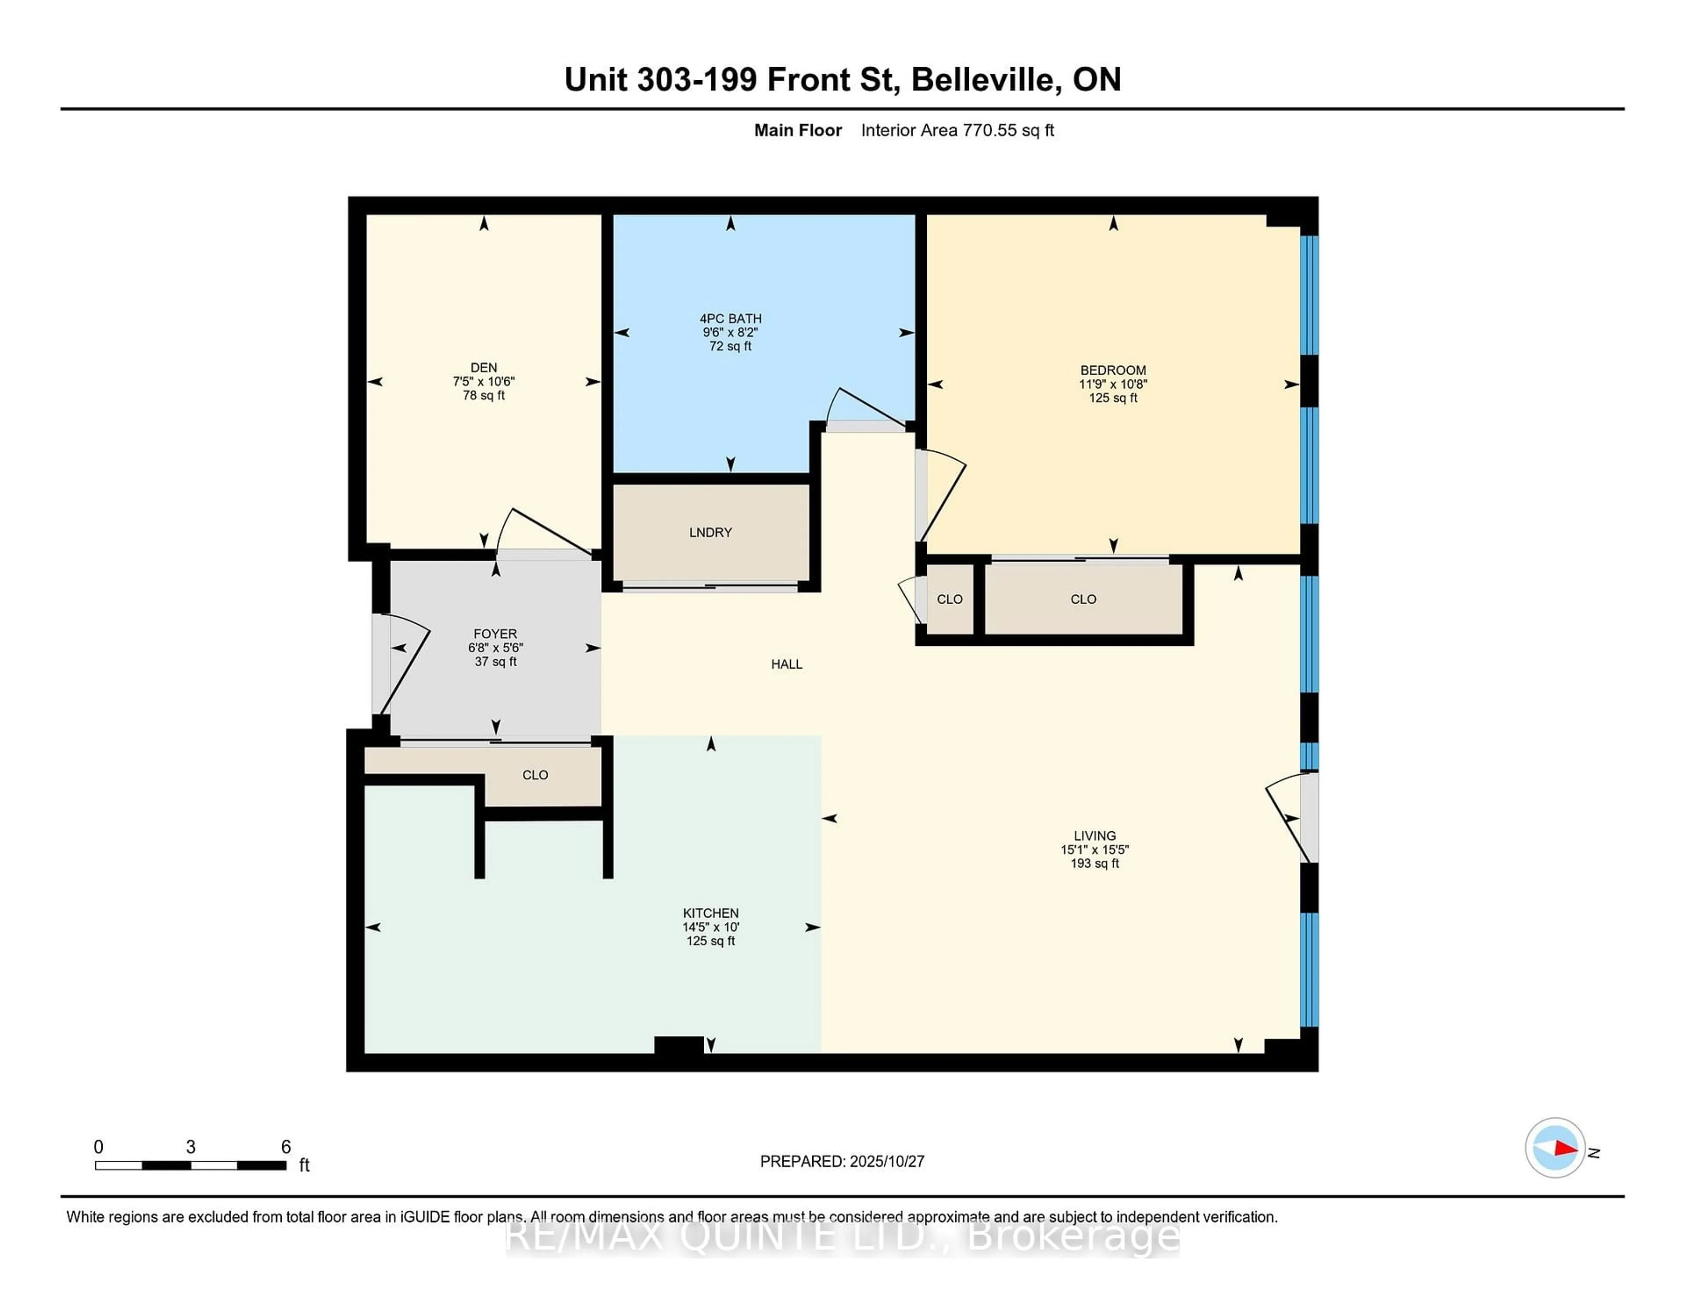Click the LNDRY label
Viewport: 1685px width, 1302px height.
pyautogui.click(x=710, y=532)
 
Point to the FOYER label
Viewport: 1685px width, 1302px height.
pyautogui.click(x=495, y=634)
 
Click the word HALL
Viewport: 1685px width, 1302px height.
pyautogui.click(x=786, y=664)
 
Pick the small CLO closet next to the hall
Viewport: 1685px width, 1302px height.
pyautogui.click(x=949, y=599)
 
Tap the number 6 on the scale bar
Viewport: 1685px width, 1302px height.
pyautogui.click(x=286, y=1147)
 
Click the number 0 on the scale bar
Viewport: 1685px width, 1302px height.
pyautogui.click(x=99, y=1147)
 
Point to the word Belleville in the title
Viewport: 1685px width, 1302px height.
pyautogui.click(x=981, y=79)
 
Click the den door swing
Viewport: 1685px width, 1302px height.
pyautogui.click(x=544, y=532)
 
